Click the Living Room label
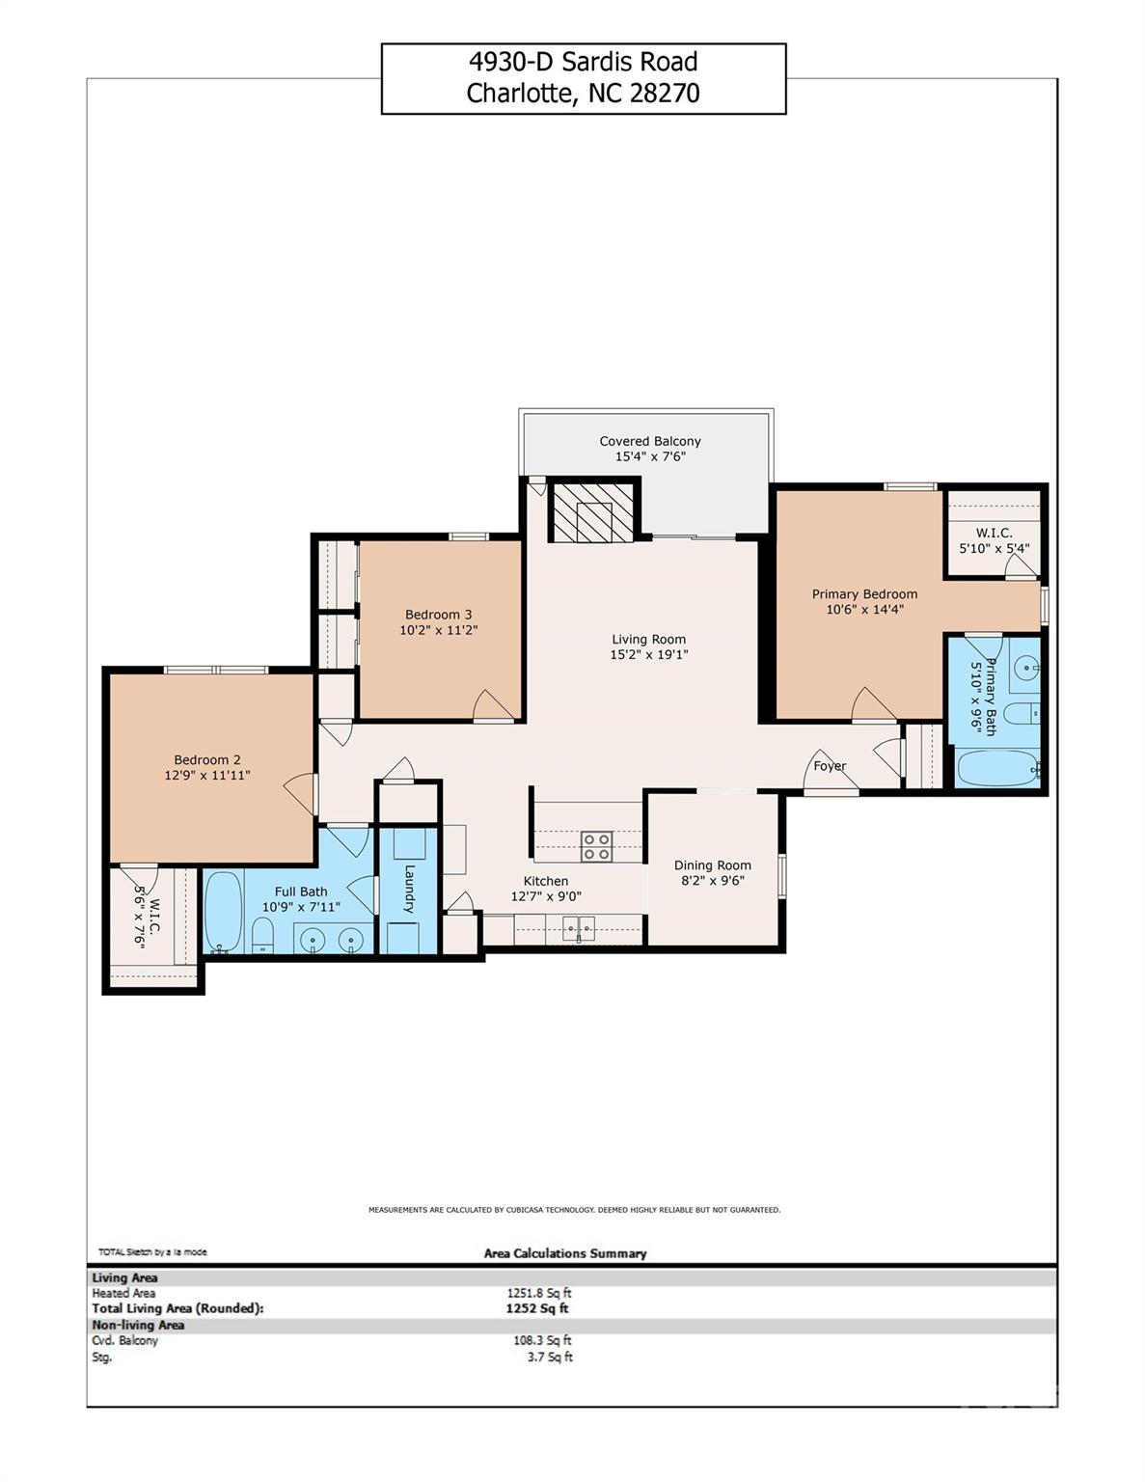coord(648,639)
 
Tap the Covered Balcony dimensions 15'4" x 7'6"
coord(650,456)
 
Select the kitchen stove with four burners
coord(596,846)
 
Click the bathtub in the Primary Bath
coord(997,769)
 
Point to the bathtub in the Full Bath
coord(223,911)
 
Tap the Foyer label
coord(830,766)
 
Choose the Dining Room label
coord(712,864)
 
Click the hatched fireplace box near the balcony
coord(592,511)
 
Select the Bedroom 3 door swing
coord(494,705)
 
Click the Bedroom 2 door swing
coord(301,794)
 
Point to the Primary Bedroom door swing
coord(873,703)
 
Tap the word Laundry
coord(409,889)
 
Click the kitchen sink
coord(579,929)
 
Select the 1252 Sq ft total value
coord(537,1308)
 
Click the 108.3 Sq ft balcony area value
coord(542,1340)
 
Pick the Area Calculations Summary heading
coord(565,1252)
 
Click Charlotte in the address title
coord(519,93)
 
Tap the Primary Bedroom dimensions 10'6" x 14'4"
coord(865,609)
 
